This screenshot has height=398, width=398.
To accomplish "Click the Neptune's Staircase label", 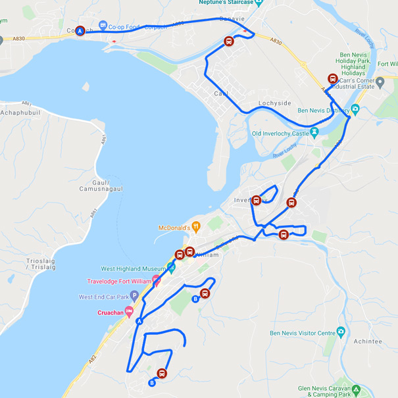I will pos(225,3).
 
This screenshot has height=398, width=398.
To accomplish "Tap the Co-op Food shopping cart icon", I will pos(103,26).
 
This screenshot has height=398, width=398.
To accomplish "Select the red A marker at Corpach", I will pos(80,30).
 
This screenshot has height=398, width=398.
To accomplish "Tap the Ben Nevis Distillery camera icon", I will pos(355,109).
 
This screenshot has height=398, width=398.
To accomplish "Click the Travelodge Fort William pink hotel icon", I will pos(157,281).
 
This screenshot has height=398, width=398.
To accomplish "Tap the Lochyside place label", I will pos(274,104).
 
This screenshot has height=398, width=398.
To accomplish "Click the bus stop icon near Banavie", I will pos(229,41).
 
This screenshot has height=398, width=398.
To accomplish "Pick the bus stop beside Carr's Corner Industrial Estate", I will pos(333,78).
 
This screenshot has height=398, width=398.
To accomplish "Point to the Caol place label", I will pos(221,93).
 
